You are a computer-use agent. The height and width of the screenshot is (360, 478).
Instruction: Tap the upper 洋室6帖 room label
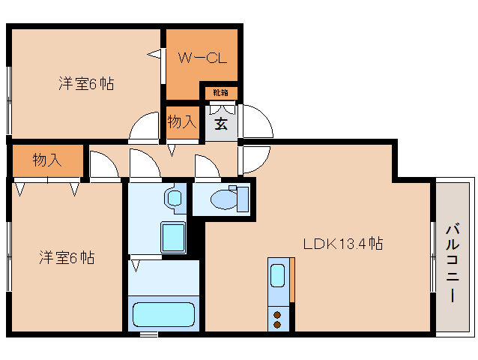pos(86,83)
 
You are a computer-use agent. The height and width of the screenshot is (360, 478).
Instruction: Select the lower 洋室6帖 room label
pos(67,257)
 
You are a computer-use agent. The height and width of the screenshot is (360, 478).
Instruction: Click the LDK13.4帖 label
pos(343,243)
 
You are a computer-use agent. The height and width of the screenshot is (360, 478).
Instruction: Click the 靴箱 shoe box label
pos(220,93)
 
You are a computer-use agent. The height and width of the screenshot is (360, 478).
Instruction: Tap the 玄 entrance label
pos(222,124)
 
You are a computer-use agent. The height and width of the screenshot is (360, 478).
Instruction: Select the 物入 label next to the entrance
pos(182,121)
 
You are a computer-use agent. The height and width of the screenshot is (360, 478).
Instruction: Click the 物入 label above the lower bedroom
pos(47,159)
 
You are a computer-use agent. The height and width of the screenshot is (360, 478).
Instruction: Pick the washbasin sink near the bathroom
pos(174,198)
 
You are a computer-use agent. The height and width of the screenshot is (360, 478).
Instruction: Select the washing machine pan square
pos(173,238)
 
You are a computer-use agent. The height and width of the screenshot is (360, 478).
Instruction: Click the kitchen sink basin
pos(277,275)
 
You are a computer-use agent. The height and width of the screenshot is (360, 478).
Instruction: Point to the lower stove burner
pos(277,324)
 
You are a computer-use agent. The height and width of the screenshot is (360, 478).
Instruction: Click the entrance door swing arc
pos(255,120)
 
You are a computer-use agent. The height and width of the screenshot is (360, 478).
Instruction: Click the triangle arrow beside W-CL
pos(154,54)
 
